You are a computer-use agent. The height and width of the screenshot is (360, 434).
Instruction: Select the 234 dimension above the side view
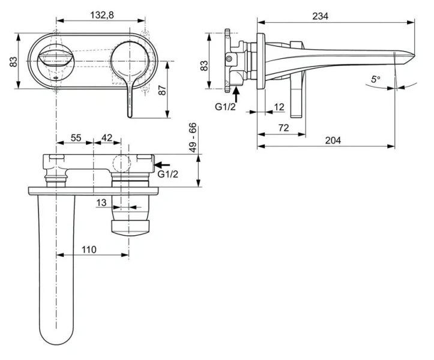click(321, 17)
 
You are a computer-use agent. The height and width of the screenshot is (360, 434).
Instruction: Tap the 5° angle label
click(375, 79)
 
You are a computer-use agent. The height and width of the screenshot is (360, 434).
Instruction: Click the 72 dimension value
click(283, 127)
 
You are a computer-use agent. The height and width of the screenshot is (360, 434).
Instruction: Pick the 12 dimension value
click(279, 107)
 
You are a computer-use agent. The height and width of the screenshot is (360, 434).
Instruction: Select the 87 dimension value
click(161, 90)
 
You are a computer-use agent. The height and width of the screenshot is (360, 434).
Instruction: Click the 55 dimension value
click(76, 138)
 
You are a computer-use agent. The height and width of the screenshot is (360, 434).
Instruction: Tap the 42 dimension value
click(106, 138)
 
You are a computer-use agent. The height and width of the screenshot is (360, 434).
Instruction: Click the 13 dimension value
click(101, 203)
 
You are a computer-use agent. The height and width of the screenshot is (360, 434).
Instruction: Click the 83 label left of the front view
click(13, 62)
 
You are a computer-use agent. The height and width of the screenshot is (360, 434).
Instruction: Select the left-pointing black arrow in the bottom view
click(163, 163)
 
